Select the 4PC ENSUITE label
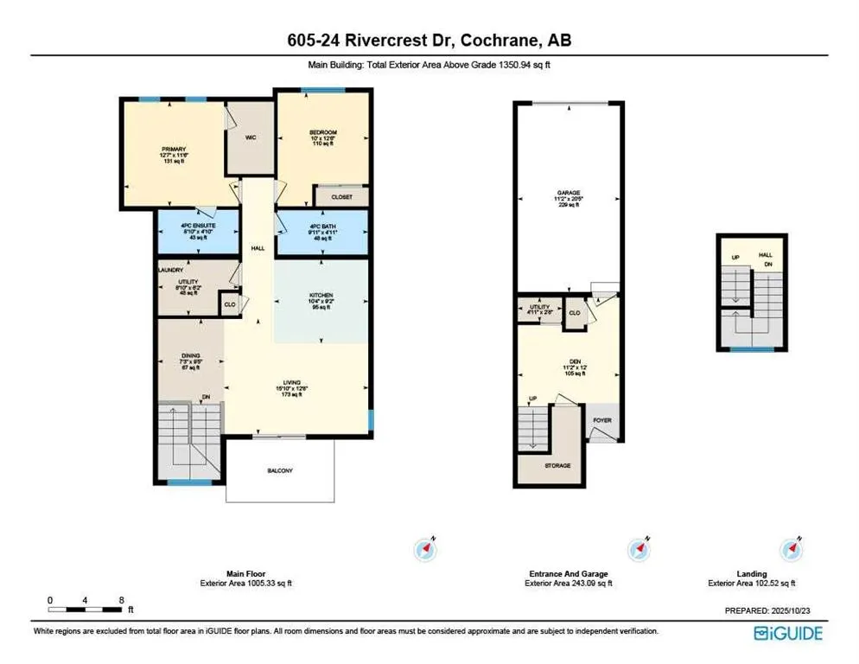click(x=198, y=226)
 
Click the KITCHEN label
click(x=321, y=296)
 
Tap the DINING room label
click(x=190, y=354)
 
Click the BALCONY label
click(x=279, y=470)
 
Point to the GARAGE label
click(x=568, y=193)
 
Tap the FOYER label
click(x=601, y=421)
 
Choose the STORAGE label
click(x=557, y=465)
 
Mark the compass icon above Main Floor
click(x=427, y=549)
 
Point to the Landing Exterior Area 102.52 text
click(x=751, y=583)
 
